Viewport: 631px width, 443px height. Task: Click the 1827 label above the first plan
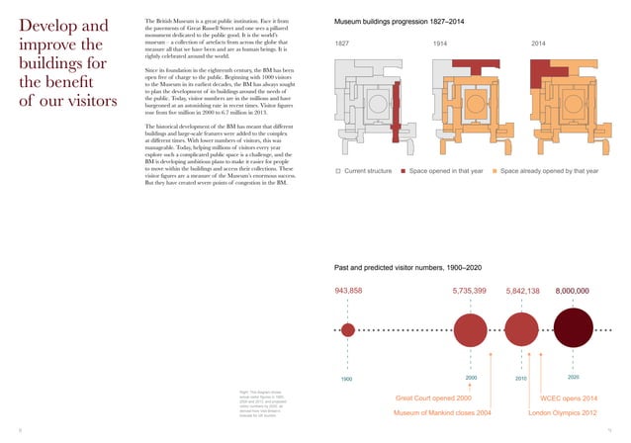pos(342,44)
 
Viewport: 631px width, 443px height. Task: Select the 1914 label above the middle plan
pos(441,44)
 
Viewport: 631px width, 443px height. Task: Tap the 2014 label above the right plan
pos(538,44)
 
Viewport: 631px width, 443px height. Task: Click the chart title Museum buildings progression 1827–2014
pos(401,20)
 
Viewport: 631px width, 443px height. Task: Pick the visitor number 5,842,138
pos(522,291)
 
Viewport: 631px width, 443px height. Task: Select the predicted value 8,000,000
pos(572,291)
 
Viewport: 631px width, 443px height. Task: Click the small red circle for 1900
pos(348,329)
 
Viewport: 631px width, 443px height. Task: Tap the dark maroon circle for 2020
pos(575,329)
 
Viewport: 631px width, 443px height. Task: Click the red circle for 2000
pos(471,329)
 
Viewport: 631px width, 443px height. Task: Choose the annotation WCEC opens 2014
pos(571,397)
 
